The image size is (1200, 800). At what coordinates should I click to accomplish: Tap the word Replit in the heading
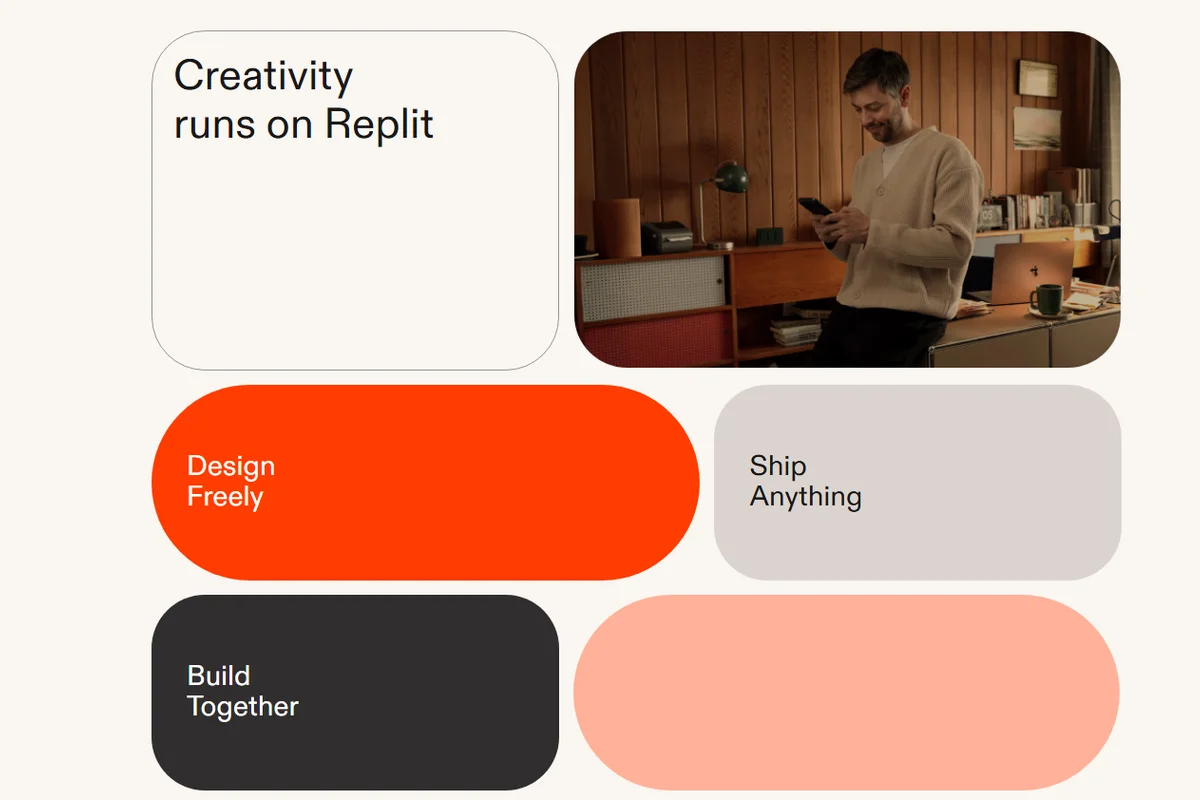click(379, 124)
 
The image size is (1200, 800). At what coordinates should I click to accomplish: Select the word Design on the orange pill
click(231, 467)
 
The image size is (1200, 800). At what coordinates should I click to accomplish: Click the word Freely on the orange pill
click(225, 497)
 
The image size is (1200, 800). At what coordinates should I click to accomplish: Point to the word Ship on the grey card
click(778, 466)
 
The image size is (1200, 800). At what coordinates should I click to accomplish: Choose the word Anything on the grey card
click(806, 497)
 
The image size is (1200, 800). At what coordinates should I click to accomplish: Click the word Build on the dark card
click(219, 676)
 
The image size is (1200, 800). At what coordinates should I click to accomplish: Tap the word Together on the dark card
click(243, 707)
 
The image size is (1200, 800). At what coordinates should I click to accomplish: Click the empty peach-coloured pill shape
click(846, 692)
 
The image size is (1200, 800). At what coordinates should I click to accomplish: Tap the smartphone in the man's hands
click(815, 208)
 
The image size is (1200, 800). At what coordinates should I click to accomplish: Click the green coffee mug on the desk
click(1047, 298)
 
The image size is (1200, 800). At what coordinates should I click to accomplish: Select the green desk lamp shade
click(732, 178)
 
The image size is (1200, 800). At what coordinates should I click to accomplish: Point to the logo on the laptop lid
click(1034, 272)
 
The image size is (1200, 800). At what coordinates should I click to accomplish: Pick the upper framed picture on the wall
click(1038, 79)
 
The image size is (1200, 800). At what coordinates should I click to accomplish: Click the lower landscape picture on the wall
click(1037, 129)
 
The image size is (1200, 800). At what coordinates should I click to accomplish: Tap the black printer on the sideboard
click(667, 236)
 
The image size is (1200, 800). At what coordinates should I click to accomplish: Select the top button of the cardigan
click(880, 190)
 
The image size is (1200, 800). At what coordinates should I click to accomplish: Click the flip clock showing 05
click(990, 215)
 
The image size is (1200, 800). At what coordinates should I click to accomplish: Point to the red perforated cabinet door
click(656, 338)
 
